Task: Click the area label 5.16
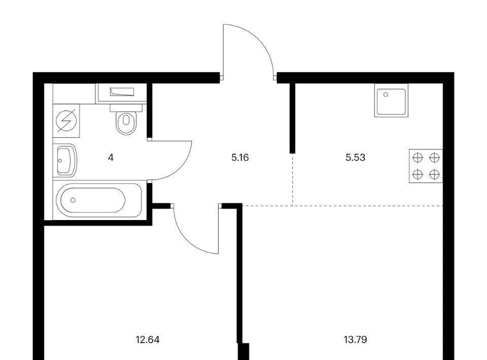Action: [x=240, y=158]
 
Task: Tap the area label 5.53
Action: [x=355, y=158]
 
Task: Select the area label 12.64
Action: [x=148, y=340]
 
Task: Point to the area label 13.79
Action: [x=355, y=340]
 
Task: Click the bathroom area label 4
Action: [x=111, y=158]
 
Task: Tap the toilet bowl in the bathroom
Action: [x=126, y=123]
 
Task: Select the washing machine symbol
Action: [x=66, y=121]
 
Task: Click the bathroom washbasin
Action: [x=65, y=160]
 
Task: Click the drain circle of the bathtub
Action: [x=73, y=200]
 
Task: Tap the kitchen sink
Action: [x=391, y=100]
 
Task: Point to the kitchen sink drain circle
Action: [x=386, y=95]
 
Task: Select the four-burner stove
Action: [x=426, y=166]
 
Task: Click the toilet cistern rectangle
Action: [x=126, y=107]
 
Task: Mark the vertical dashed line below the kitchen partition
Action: [x=293, y=179]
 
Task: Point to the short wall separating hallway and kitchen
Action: [x=292, y=118]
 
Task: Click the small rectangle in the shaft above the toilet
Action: [x=122, y=92]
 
